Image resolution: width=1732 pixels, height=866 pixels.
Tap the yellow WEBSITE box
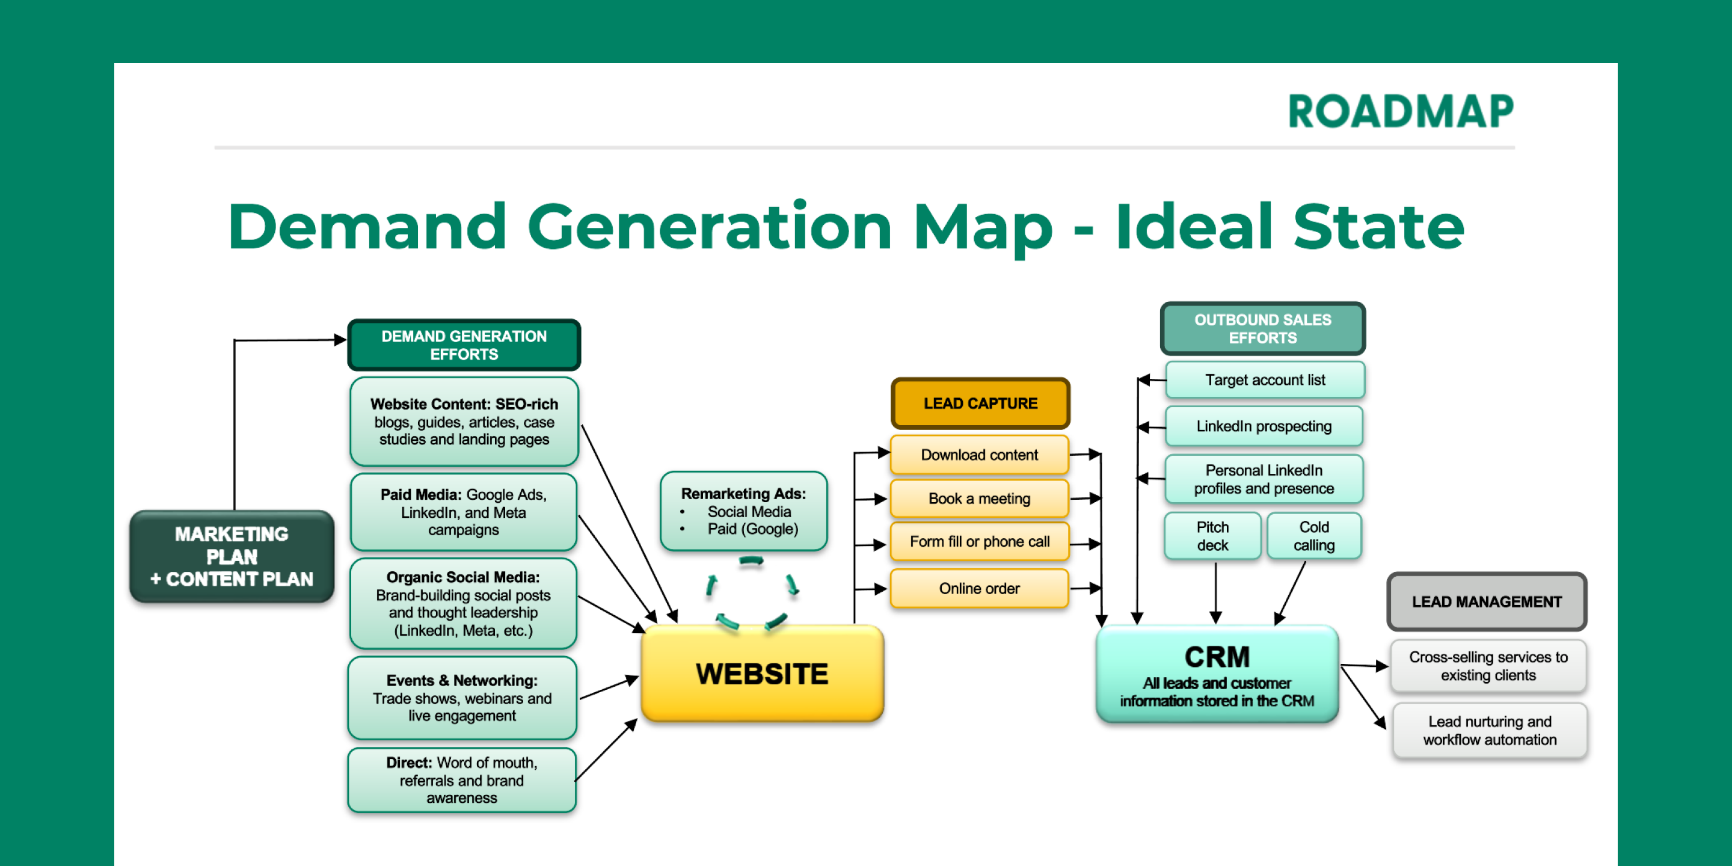pyautogui.click(x=762, y=674)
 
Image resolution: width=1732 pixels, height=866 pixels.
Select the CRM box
pyautogui.click(x=1217, y=674)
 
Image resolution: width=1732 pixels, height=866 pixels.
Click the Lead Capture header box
pyautogui.click(x=980, y=404)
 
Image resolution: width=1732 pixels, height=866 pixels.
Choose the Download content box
pyautogui.click(x=979, y=455)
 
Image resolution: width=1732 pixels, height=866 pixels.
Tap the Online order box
pyautogui.click(x=979, y=588)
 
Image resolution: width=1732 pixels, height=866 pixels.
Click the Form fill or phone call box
pyautogui.click(x=979, y=542)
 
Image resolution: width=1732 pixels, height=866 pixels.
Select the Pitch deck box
pyautogui.click(x=1212, y=536)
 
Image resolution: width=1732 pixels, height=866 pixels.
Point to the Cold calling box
pyautogui.click(x=1314, y=536)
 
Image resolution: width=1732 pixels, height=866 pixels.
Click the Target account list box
pyautogui.click(x=1265, y=380)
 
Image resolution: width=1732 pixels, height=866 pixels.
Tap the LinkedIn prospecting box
pyautogui.click(x=1264, y=426)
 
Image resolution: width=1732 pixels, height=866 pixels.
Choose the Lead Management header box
pyautogui.click(x=1487, y=602)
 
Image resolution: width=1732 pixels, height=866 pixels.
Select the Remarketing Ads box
pyautogui.click(x=744, y=511)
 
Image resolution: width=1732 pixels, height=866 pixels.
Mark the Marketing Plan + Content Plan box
pyautogui.click(x=232, y=556)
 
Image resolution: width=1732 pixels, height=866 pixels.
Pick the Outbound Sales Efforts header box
pyautogui.click(x=1263, y=329)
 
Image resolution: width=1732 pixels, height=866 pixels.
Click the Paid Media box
pyautogui.click(x=463, y=512)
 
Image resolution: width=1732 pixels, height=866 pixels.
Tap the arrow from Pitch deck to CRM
pyautogui.click(x=1215, y=592)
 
